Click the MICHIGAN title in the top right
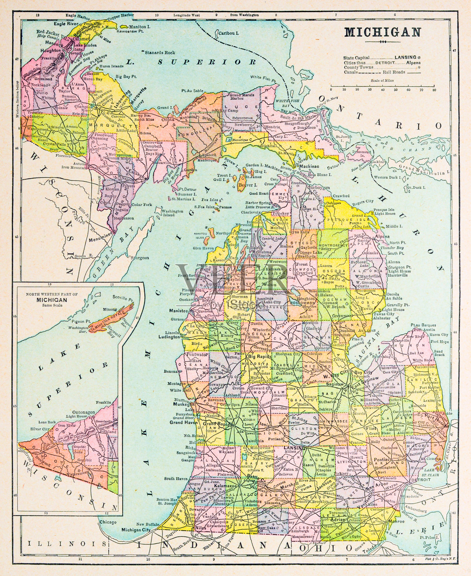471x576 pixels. pos(382,32)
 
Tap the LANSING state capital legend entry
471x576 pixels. pos(405,57)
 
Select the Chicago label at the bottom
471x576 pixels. pos(108,522)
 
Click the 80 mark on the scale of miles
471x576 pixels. pos(434,90)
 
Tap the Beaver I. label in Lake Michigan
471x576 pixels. pos(248,185)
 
